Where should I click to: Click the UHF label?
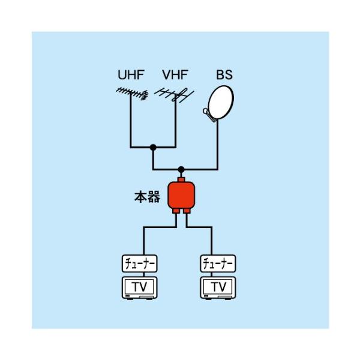pyautogui.click(x=131, y=76)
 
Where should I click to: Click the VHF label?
pyautogui.click(x=175, y=76)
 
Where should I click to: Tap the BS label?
pyautogui.click(x=224, y=76)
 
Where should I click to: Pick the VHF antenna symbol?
pyautogui.click(x=173, y=95)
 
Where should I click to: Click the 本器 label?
pyautogui.click(x=147, y=197)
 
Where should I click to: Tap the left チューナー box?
pyautogui.click(x=139, y=263)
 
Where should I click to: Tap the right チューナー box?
pyautogui.click(x=217, y=263)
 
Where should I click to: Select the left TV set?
pyautogui.click(x=139, y=287)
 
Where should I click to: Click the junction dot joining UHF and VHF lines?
pyautogui.click(x=154, y=147)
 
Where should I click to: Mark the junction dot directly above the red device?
pyautogui.click(x=181, y=169)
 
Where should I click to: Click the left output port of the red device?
pyautogui.click(x=176, y=211)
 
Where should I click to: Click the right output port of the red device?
pyautogui.click(x=187, y=211)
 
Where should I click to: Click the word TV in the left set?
pyautogui.click(x=139, y=286)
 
